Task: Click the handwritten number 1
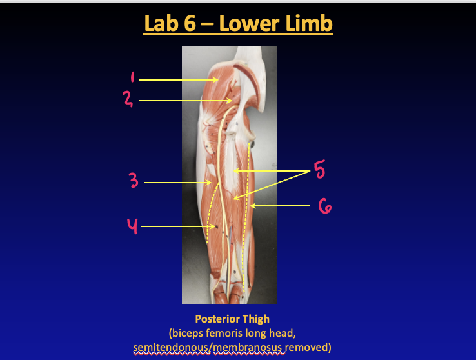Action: tap(132, 77)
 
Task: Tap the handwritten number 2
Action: tap(128, 99)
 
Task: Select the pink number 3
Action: tap(134, 180)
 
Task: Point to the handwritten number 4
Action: tap(132, 226)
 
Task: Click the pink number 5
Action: tap(319, 170)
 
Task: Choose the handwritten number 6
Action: tap(325, 206)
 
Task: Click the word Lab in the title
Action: tap(161, 23)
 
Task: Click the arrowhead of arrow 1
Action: tap(216, 80)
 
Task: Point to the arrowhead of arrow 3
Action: tap(208, 183)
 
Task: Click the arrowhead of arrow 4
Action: tap(212, 226)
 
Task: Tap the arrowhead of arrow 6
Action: tap(253, 206)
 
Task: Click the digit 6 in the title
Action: tap(190, 23)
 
